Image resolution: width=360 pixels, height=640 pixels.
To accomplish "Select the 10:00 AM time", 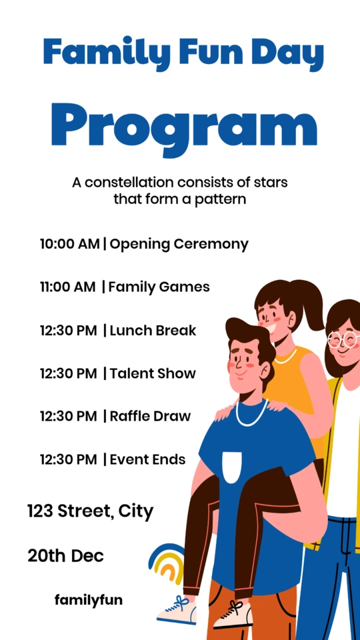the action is [x=70, y=244].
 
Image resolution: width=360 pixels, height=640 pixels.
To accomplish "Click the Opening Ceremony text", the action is [x=179, y=245].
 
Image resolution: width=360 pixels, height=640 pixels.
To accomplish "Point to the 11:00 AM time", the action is [x=68, y=287].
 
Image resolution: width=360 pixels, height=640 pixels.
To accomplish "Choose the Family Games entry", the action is [x=159, y=287].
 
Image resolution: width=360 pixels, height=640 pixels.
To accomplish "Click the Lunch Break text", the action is [x=153, y=330].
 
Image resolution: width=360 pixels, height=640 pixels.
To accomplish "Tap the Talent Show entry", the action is [x=153, y=373].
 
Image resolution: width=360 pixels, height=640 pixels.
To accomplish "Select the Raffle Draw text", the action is [x=150, y=416].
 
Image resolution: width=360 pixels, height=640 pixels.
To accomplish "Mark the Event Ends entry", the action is [x=148, y=459].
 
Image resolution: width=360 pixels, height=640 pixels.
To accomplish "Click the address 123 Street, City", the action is [x=90, y=511].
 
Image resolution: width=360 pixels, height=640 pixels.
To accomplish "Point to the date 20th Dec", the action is [x=65, y=555].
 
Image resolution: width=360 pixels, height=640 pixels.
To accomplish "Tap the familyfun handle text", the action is [x=89, y=600].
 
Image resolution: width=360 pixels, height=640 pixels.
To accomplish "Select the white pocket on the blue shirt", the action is [x=232, y=467].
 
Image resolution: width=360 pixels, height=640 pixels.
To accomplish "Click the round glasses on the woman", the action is [x=344, y=339].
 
